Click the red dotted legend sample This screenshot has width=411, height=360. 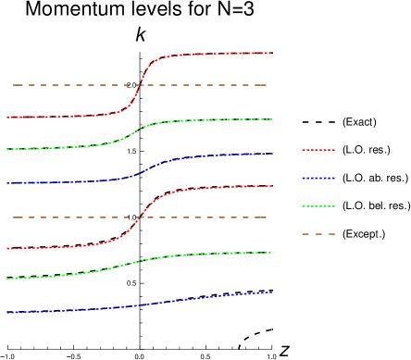[x=318, y=150]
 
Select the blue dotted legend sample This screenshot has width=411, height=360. [x=318, y=178]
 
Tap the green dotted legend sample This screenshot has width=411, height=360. [x=318, y=206]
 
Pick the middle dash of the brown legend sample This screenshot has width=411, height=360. [x=318, y=234]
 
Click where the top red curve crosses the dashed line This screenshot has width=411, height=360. [x=139, y=85]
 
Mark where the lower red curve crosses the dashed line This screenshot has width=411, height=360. [x=138, y=217]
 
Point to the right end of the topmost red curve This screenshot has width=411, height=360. [x=270, y=53]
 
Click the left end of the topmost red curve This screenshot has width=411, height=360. [x=7, y=118]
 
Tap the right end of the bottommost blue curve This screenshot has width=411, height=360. [x=270, y=292]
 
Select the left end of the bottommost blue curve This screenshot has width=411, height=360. [x=7, y=313]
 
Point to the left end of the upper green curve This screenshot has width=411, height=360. [x=7, y=149]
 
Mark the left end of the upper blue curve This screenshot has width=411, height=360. [x=7, y=183]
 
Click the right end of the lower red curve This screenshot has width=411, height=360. [x=270, y=186]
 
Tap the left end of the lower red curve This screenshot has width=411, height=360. [x=7, y=249]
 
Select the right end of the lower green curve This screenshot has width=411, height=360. [x=270, y=253]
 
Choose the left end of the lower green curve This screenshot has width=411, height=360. [x=7, y=279]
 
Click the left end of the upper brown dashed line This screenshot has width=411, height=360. [x=13, y=85]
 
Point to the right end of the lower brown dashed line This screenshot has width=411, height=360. [x=267, y=217]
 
